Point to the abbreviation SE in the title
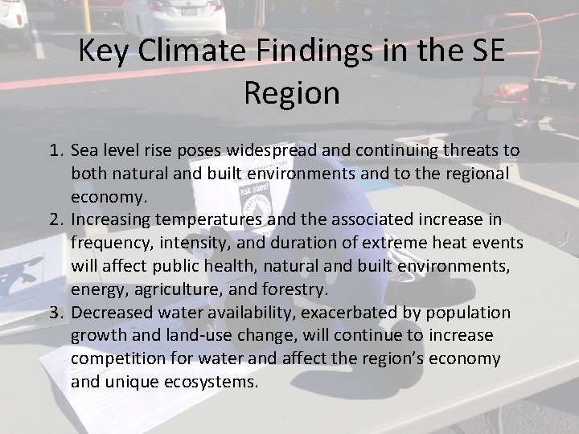[x=484, y=52]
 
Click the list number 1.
[x=56, y=150]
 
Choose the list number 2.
[x=56, y=219]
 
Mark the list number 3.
[x=56, y=312]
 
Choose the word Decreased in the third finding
[x=110, y=312]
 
